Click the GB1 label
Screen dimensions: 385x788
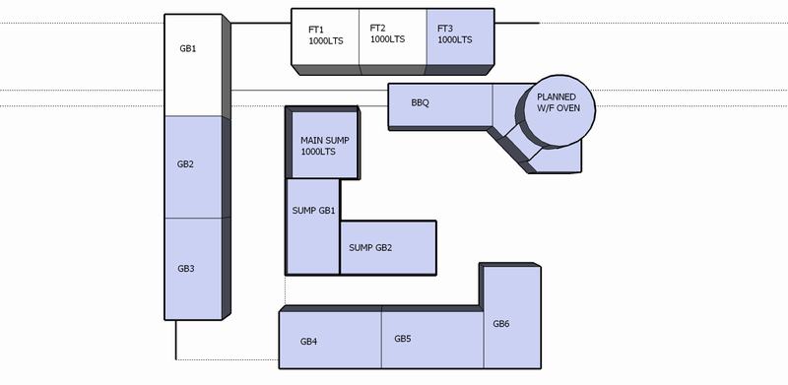(x=186, y=48)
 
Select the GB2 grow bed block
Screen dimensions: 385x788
(x=193, y=165)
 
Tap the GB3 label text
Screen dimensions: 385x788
(x=186, y=268)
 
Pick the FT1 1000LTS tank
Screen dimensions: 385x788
(x=324, y=35)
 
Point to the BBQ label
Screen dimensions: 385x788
(x=420, y=101)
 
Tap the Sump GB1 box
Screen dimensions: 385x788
(x=313, y=212)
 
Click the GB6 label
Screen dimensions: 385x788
(x=501, y=324)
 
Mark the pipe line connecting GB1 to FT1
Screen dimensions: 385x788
(x=261, y=23)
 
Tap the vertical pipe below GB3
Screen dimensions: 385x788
(x=176, y=340)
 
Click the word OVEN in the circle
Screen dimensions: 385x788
(x=568, y=109)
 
